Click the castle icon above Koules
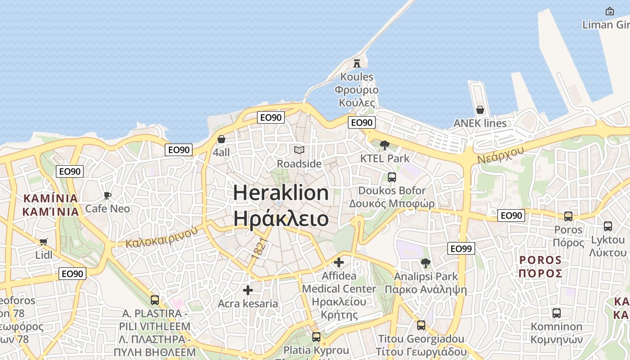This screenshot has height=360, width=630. point(357,63)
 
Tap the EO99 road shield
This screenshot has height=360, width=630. point(461,248)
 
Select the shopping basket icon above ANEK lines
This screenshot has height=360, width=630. point(480,110)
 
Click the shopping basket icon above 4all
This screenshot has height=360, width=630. point(221,139)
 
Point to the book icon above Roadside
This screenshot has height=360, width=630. point(299,150)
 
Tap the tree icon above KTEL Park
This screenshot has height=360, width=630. point(385,145)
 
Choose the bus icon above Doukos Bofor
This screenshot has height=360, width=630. point(392,177)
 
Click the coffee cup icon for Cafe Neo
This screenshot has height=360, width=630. point(108,195)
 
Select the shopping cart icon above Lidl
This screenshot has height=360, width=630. point(44,242)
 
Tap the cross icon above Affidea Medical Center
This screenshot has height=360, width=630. point(339,262)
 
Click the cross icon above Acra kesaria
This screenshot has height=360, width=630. point(247,290)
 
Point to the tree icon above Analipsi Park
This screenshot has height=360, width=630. point(426,263)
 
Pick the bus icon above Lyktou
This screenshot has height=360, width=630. point(608,226)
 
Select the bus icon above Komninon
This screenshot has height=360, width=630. point(557,313)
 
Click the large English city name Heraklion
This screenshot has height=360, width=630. point(281,193)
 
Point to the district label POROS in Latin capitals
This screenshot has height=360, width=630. point(540,260)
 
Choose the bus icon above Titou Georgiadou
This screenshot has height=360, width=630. point(421,325)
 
